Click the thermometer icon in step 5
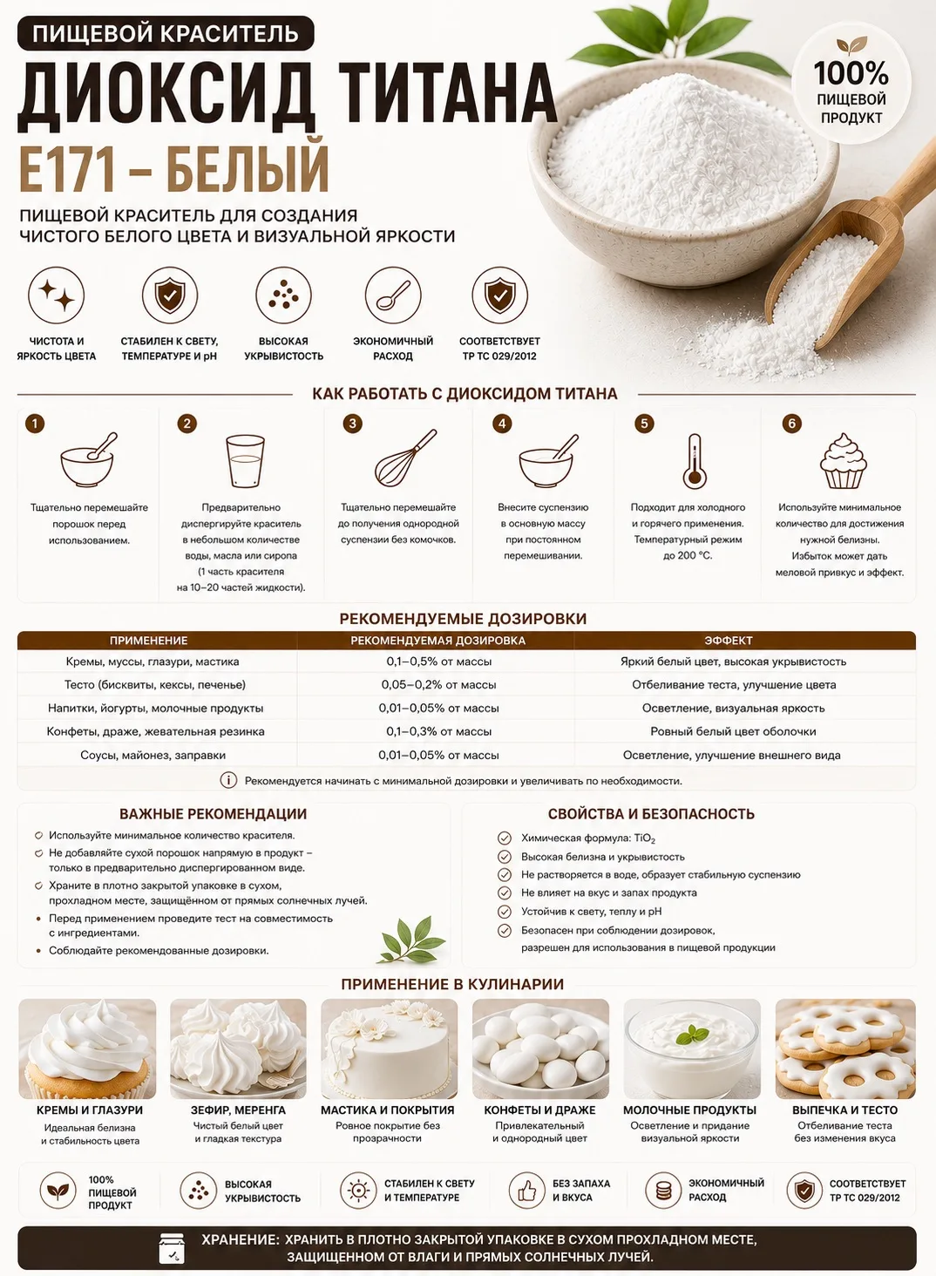(x=695, y=461)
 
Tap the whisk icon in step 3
(x=405, y=458)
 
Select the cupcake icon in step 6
(x=843, y=461)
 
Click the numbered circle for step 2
(x=187, y=424)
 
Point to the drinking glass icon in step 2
(x=245, y=461)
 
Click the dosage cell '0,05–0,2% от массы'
(x=438, y=685)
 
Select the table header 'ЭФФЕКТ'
(x=728, y=641)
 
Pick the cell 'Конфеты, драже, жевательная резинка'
(x=155, y=731)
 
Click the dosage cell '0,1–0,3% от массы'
(x=438, y=731)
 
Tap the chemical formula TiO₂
(x=644, y=838)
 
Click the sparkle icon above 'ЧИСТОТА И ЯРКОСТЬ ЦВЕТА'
(x=57, y=295)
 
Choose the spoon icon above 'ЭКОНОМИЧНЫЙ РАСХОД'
(x=393, y=295)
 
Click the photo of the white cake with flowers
(x=389, y=1049)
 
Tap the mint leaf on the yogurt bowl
(x=692, y=1035)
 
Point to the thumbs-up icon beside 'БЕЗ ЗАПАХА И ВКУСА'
(x=527, y=1190)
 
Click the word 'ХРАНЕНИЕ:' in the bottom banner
(x=241, y=1240)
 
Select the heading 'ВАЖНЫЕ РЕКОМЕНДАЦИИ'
(x=213, y=814)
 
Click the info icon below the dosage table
(x=228, y=780)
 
